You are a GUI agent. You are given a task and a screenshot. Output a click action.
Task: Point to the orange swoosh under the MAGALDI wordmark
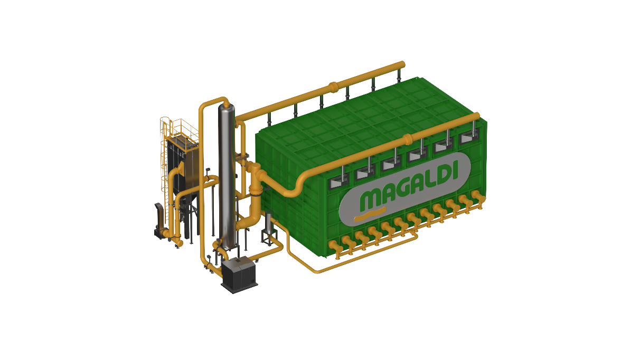[369, 215]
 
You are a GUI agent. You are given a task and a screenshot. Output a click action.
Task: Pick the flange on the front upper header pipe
[407, 140]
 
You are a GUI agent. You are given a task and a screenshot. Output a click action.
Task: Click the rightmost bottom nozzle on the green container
[478, 198]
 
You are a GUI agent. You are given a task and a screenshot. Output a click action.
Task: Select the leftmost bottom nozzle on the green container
[334, 247]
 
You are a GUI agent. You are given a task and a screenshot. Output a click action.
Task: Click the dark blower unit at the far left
[158, 222]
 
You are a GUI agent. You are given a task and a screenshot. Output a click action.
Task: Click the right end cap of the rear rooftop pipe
[402, 64]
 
